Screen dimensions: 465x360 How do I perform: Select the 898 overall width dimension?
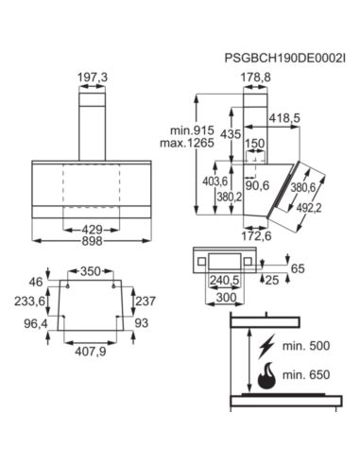pyautogui.click(x=91, y=242)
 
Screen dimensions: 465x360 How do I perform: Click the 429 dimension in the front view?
pyautogui.click(x=91, y=229)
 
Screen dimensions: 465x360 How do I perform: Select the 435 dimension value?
pyautogui.click(x=229, y=135)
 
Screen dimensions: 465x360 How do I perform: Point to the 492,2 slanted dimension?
pyautogui.click(x=325, y=208)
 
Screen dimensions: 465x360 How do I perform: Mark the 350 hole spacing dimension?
pyautogui.click(x=90, y=270)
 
